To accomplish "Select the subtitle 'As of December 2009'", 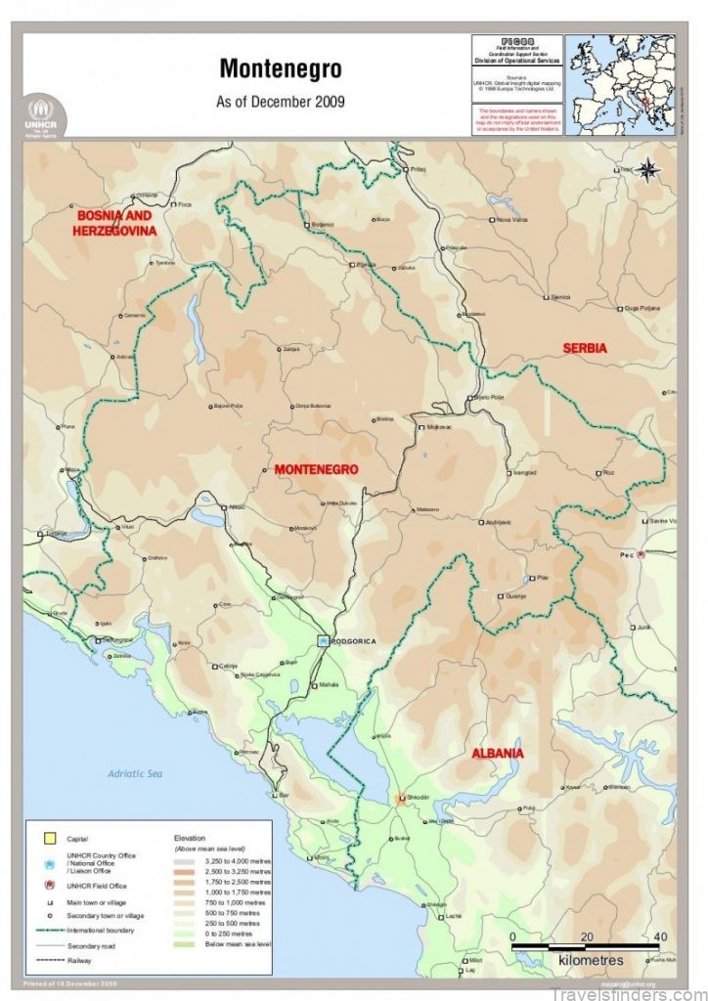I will point(281,101).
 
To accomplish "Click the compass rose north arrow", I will point(648,169).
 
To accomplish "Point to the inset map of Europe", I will point(620,84).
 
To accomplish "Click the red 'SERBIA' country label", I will point(585,348).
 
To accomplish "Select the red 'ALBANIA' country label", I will point(498,754).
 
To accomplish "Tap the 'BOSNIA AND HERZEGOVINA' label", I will point(115,223).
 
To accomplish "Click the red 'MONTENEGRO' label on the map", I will point(316,469).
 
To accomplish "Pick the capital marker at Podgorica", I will point(324,640).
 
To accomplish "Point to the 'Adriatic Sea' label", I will point(134,773).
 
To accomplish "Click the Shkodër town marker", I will point(402,799).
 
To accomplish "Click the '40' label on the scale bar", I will point(660,936).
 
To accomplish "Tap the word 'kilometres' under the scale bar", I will point(591,961).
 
